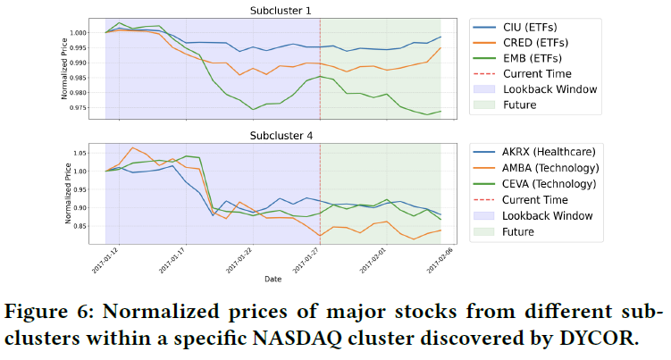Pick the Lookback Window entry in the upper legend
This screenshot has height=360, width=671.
coord(549,89)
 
